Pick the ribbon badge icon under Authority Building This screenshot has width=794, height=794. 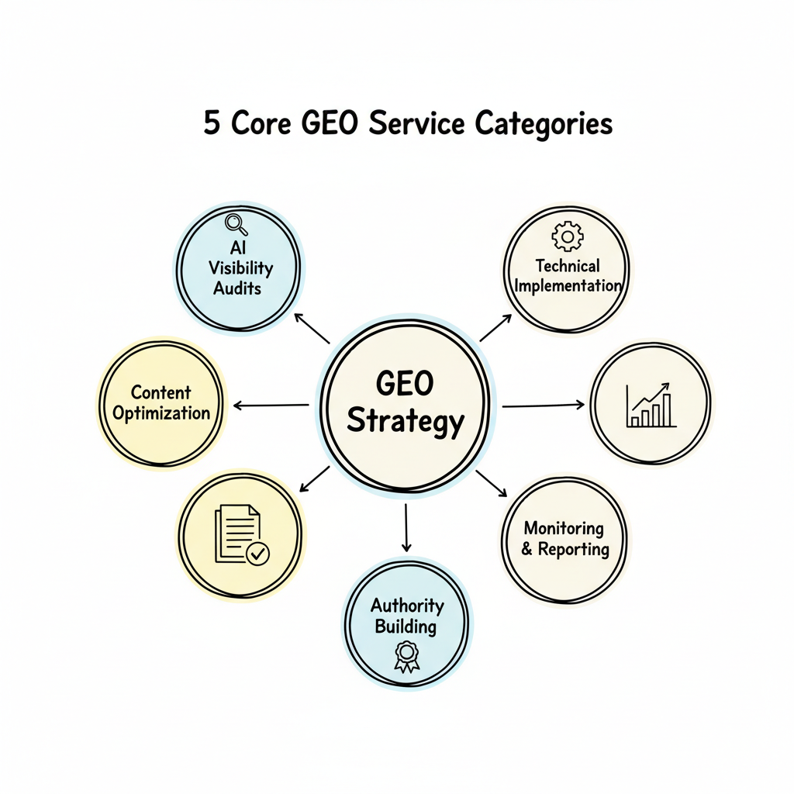tap(406, 655)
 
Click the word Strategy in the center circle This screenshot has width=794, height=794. tap(405, 422)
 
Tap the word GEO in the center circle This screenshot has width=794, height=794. tap(405, 384)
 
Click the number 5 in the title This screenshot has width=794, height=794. tap(211, 123)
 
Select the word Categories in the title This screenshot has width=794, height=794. tap(544, 123)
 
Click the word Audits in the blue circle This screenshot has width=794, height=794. tap(237, 288)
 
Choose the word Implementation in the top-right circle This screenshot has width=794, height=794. tap(568, 285)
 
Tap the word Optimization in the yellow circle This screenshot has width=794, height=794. tap(161, 413)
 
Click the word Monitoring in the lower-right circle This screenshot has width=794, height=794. tap(564, 528)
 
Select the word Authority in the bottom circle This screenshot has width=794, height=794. tap(407, 605)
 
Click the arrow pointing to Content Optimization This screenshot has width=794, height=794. tap(271, 405)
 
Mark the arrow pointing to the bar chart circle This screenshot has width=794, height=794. tap(543, 405)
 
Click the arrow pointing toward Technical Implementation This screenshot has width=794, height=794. tap(495, 328)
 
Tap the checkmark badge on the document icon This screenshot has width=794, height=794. tap(257, 553)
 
